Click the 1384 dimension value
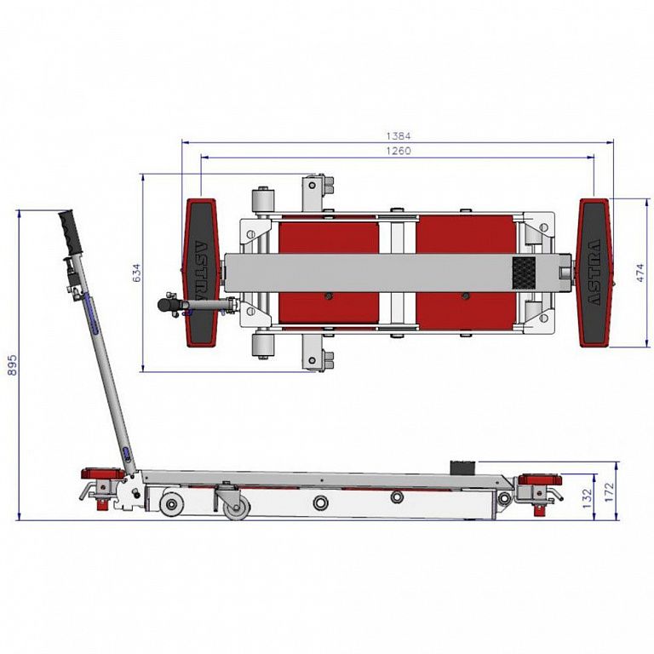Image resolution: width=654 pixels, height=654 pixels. pyautogui.click(x=399, y=136)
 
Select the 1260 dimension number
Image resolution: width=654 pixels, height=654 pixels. pyautogui.click(x=399, y=151)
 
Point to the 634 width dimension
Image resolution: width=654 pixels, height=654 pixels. pyautogui.click(x=137, y=272)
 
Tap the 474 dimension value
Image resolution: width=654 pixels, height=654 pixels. pyautogui.click(x=640, y=272)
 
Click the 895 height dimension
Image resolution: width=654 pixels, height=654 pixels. pyautogui.click(x=13, y=365)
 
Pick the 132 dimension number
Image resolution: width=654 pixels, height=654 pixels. pyautogui.click(x=587, y=498)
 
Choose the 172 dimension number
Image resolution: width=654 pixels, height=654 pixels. pyautogui.click(x=610, y=492)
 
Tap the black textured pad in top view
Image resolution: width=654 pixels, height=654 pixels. pyautogui.click(x=524, y=272)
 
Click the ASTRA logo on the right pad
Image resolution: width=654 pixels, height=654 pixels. pyautogui.click(x=594, y=272)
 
